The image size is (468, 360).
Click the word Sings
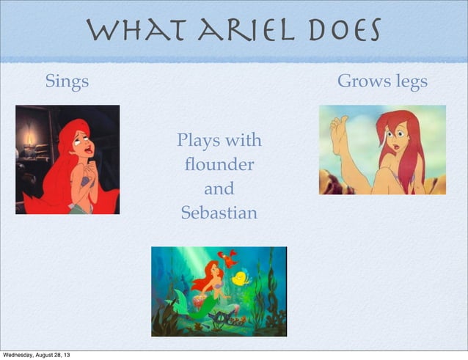(x=67, y=81)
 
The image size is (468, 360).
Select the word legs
(x=409, y=82)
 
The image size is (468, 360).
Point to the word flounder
(x=219, y=164)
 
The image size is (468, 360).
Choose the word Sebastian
(x=219, y=213)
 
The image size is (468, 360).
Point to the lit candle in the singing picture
(x=30, y=139)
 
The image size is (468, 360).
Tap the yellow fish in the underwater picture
(x=240, y=278)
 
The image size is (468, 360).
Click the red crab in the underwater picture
(x=229, y=257)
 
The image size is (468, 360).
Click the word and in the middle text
(x=219, y=189)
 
